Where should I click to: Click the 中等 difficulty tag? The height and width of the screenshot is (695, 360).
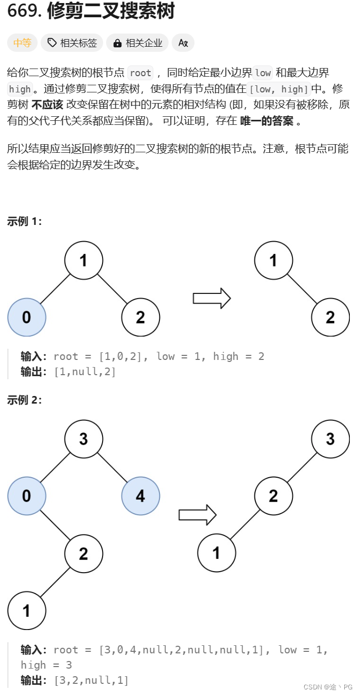[22, 43]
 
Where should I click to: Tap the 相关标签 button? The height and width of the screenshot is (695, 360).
[72, 43]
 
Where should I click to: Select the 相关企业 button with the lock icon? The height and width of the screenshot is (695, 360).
[137, 43]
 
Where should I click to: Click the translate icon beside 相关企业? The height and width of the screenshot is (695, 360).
[183, 43]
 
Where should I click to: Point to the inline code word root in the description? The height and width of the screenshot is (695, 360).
[141, 73]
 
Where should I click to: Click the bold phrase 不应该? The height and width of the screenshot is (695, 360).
[47, 105]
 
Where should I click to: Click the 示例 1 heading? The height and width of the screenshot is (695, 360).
[25, 221]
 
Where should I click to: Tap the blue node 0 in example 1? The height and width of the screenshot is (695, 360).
[27, 317]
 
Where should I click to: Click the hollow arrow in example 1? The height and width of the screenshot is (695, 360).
[212, 299]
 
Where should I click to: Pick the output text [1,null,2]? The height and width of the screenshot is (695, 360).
[85, 372]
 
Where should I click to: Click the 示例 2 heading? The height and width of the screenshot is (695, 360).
[25, 400]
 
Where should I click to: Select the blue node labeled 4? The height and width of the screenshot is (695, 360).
[141, 496]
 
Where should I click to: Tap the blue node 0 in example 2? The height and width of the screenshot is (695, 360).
[27, 496]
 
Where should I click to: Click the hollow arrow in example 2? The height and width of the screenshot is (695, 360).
[198, 515]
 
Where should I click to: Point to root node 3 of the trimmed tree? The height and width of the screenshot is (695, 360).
[331, 439]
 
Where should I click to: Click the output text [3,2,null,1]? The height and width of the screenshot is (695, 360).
[91, 680]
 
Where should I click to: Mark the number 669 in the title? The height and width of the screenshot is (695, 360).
[24, 11]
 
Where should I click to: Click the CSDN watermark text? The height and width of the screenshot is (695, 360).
[328, 687]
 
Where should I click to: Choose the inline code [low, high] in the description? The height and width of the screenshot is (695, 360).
[279, 89]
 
